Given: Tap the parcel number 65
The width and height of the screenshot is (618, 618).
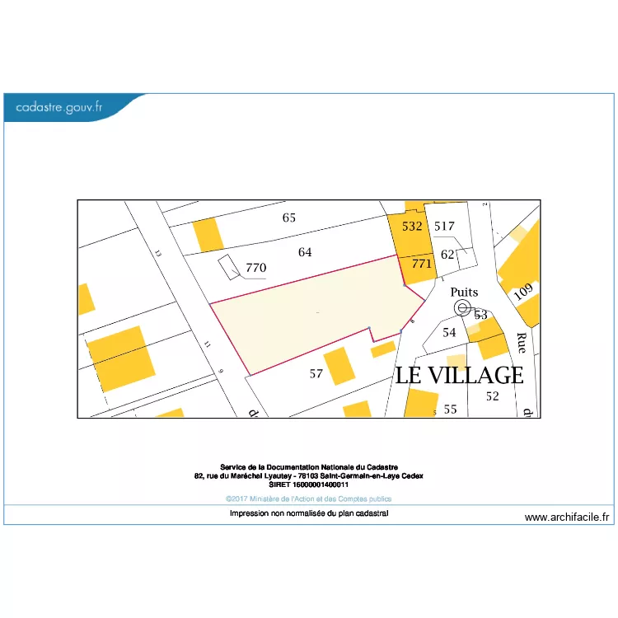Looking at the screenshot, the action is (288, 218).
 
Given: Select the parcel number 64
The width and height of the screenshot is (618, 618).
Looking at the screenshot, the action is (305, 252).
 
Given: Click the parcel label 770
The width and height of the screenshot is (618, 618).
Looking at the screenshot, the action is (256, 268).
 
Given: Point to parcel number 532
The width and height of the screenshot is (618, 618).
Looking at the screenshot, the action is (412, 226).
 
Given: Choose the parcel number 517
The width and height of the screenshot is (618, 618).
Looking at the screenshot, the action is (444, 226).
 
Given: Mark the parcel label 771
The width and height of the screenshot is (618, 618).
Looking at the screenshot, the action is (421, 264).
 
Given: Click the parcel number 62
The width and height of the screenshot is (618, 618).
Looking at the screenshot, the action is (448, 254).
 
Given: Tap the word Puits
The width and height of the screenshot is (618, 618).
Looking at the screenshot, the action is (464, 293).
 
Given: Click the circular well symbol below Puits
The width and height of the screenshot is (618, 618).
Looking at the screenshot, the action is (462, 307).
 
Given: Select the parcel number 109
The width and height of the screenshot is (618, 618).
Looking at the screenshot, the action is (522, 292).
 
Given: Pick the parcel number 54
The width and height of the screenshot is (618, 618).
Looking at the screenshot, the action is (449, 332).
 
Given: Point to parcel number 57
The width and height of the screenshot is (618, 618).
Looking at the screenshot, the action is (316, 374).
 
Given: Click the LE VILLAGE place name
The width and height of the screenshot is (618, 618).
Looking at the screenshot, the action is (459, 376).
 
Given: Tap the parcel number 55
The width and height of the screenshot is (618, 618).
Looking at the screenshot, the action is (450, 409).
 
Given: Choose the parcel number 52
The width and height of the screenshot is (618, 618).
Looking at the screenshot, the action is (492, 396).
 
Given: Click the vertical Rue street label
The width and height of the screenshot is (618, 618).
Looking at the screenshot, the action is (521, 344).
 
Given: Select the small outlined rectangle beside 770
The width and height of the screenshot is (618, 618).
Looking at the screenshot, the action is (228, 266).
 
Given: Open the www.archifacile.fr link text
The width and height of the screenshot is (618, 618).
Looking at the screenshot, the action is (567, 517).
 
